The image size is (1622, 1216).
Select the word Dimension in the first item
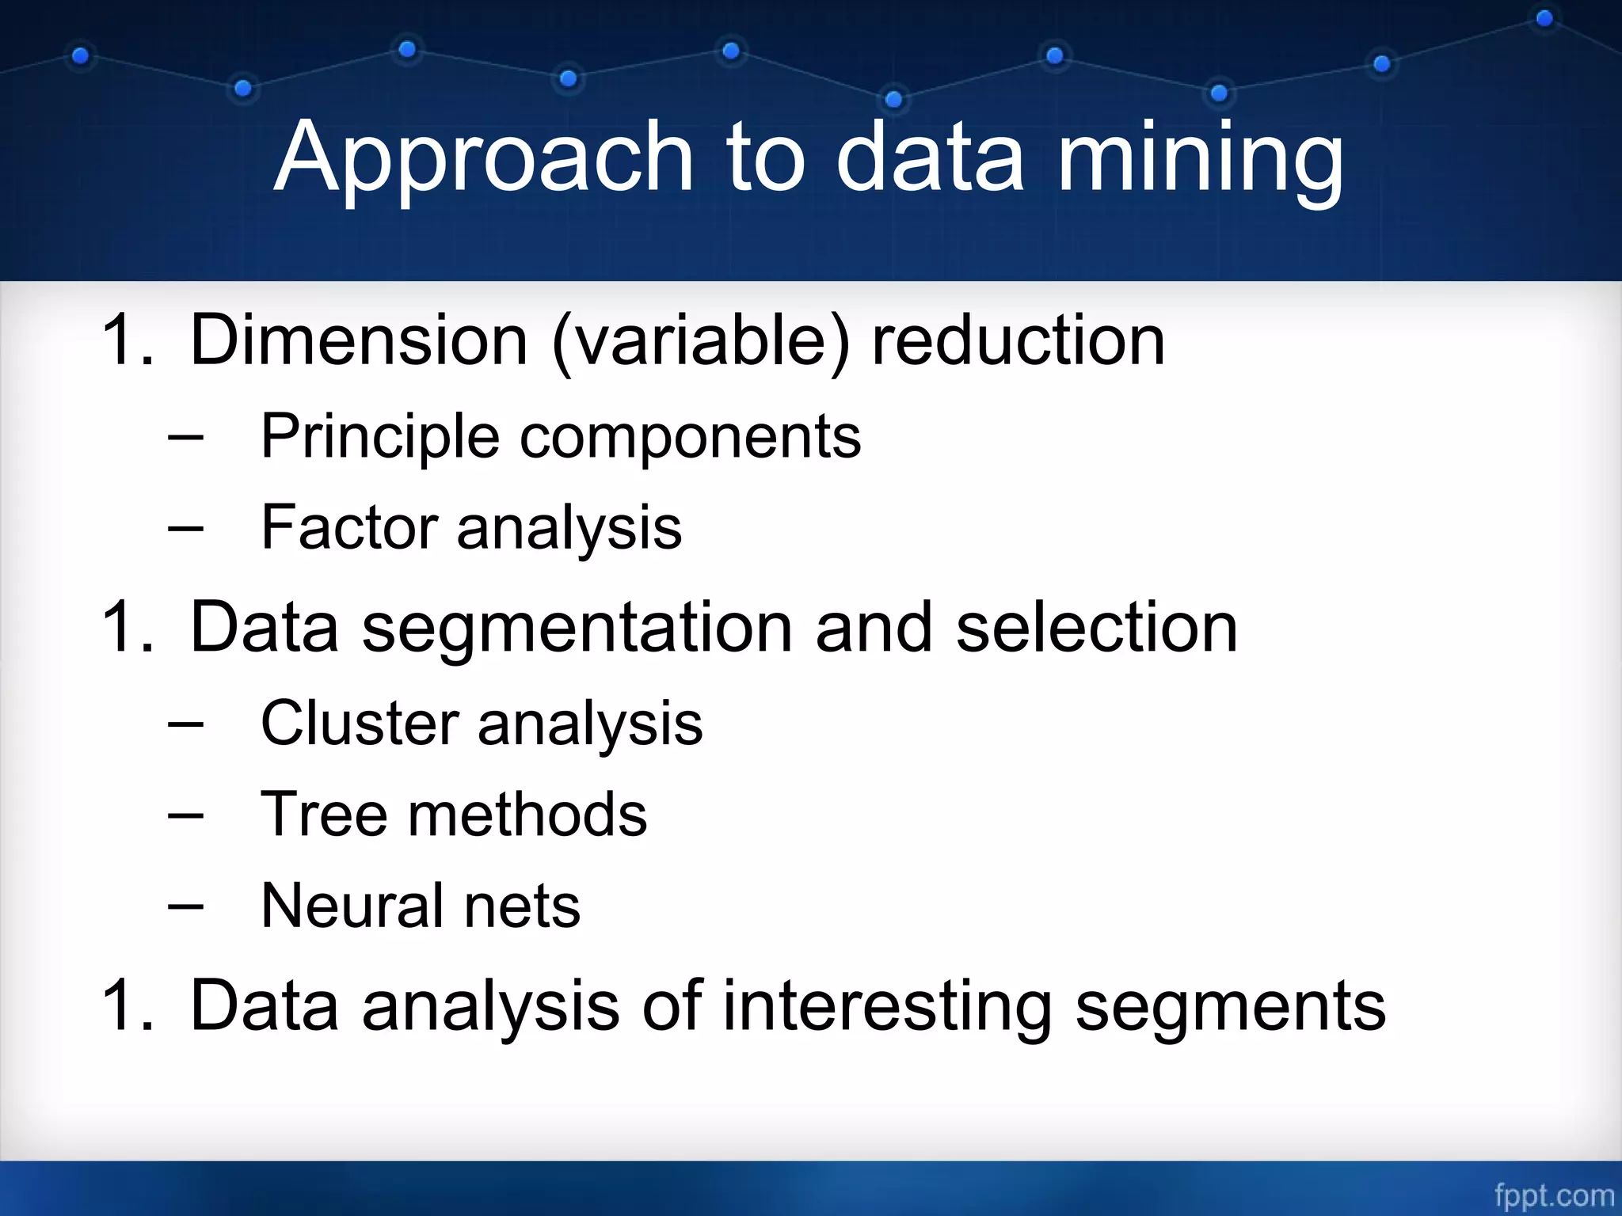pyautogui.click(x=358, y=340)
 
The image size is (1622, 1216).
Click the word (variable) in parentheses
pyautogui.click(x=700, y=342)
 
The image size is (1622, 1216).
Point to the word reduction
pyautogui.click(x=1018, y=340)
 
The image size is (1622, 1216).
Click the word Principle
pyautogui.click(x=379, y=437)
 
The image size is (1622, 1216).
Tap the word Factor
pyautogui.click(x=348, y=527)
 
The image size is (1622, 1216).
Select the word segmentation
pyautogui.click(x=577, y=628)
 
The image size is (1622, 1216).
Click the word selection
pyautogui.click(x=1096, y=626)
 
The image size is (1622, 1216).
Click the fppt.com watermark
pyautogui.click(x=1554, y=1195)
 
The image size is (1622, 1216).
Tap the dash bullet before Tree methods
pyautogui.click(x=186, y=815)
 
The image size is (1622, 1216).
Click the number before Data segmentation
pyautogui.click(x=127, y=628)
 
